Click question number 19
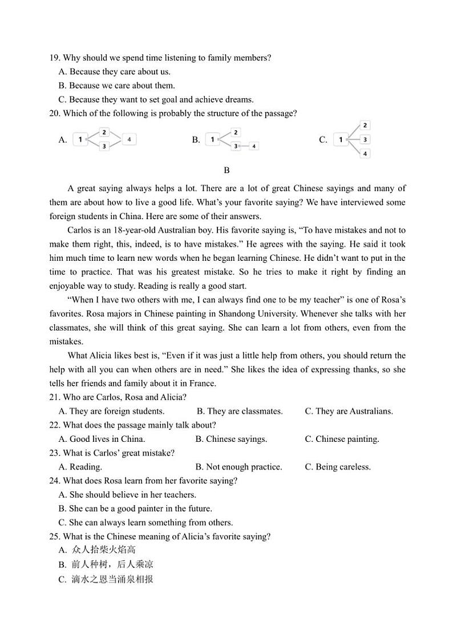tap(55, 58)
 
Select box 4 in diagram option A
tap(130, 139)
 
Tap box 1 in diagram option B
tap(212, 139)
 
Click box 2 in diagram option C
tap(365, 125)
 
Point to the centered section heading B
tap(226, 170)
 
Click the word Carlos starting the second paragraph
tap(80, 230)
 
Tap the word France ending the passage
tap(203, 383)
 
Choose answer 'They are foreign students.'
tap(116, 411)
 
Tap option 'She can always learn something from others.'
tap(150, 522)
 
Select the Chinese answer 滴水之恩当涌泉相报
tap(112, 579)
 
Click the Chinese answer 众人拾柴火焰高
tap(103, 550)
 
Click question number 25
tap(55, 537)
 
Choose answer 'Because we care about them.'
tap(122, 86)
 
